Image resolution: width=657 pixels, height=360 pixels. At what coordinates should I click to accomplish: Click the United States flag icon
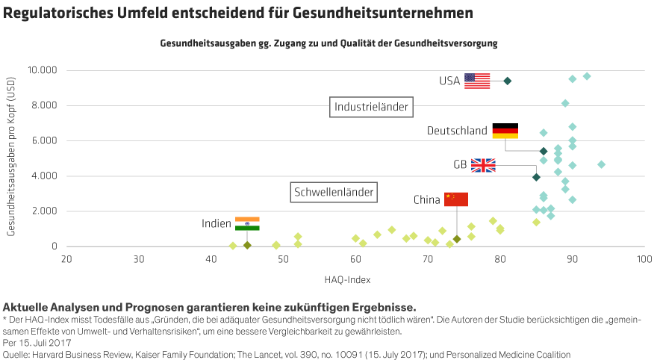477,81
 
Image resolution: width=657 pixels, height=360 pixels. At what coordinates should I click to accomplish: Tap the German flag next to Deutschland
505,133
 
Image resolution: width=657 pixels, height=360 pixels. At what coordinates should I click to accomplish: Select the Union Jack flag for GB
483,165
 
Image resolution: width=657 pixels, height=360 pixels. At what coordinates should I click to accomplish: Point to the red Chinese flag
456,199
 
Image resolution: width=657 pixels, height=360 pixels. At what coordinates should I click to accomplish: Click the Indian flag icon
247,223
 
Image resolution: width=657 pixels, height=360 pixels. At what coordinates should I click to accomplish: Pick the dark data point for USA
508,81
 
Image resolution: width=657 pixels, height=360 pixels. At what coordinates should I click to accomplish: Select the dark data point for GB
536,177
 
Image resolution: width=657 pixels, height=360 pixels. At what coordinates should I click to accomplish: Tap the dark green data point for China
456,239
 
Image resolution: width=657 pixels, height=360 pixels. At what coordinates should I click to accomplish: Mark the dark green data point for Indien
247,245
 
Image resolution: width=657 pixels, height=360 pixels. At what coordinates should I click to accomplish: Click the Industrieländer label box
371,108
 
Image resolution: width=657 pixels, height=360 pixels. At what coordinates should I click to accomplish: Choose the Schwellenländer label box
334,193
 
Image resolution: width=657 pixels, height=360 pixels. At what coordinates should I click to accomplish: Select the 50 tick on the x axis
283,260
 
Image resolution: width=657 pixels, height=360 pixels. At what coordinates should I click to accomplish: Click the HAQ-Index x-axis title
347,279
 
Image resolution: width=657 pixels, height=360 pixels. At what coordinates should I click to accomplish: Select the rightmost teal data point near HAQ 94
602,164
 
